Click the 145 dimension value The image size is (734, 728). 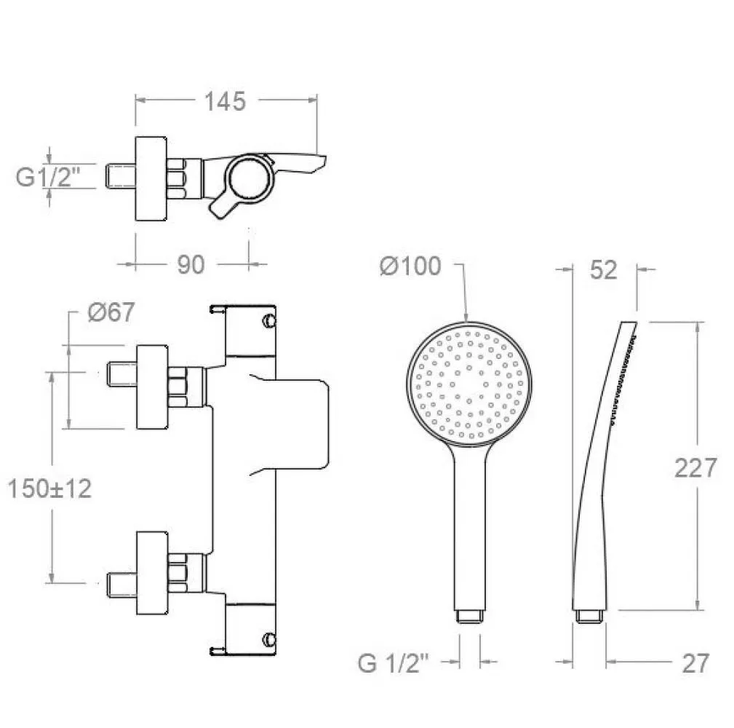pyautogui.click(x=225, y=102)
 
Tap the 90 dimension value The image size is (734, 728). pyautogui.click(x=191, y=265)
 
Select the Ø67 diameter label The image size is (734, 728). pyautogui.click(x=111, y=312)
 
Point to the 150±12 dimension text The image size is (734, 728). pyautogui.click(x=49, y=488)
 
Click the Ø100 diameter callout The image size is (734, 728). pyautogui.click(x=410, y=266)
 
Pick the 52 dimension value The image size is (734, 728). pyautogui.click(x=603, y=270)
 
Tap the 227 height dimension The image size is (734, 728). pyautogui.click(x=695, y=467)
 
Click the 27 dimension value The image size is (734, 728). pyautogui.click(x=695, y=663)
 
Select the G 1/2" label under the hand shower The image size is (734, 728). pyautogui.click(x=393, y=663)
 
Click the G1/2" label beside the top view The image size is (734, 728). pyautogui.click(x=48, y=177)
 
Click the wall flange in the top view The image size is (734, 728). pyautogui.click(x=151, y=178)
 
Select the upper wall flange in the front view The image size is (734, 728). pyautogui.click(x=152, y=387)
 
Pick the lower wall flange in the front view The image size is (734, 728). pyautogui.click(x=152, y=573)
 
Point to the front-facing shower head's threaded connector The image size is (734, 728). pyautogui.click(x=469, y=616)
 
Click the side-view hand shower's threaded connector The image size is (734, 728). pyautogui.click(x=590, y=616)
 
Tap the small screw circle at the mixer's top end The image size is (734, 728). pyautogui.click(x=269, y=321)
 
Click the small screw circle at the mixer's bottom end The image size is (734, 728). pyautogui.click(x=269, y=639)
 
